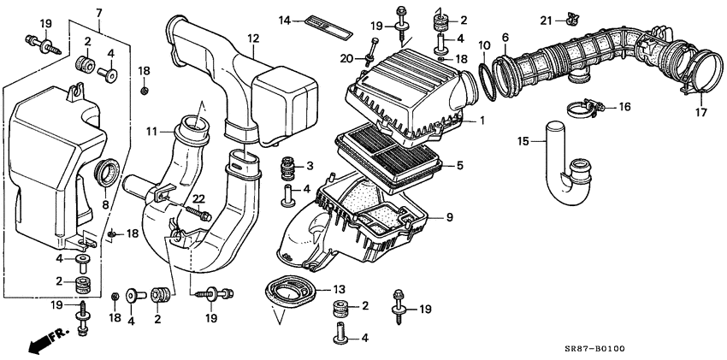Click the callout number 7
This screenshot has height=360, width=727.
pos(99,12)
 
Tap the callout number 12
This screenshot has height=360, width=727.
pos(253,38)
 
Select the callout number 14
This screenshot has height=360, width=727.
pos(285,19)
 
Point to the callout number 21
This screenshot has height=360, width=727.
pos(544,20)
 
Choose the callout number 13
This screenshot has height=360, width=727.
pos(339,288)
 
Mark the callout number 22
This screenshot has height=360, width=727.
pos(198,200)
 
